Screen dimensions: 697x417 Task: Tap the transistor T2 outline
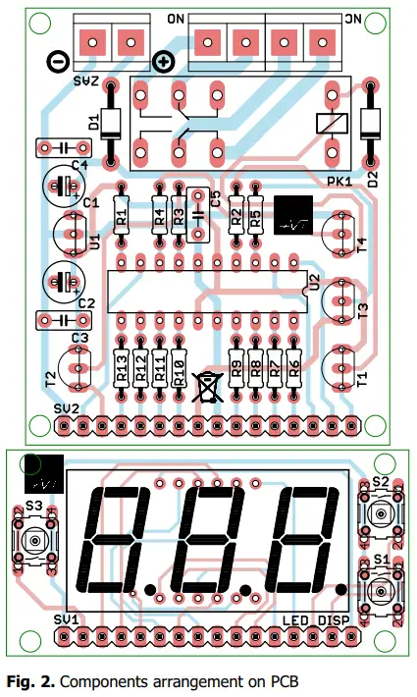pos(76,369)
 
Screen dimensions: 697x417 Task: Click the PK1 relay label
pos(339,181)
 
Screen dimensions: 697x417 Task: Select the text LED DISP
pos(316,619)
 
